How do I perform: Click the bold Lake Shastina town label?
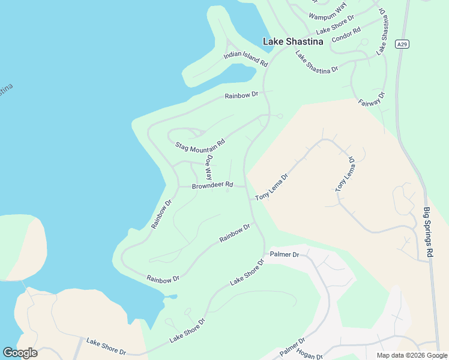click(x=293, y=41)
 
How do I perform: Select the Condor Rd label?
click(x=346, y=37)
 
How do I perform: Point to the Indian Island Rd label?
click(x=245, y=58)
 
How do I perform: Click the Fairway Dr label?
click(x=370, y=99)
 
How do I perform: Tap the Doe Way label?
click(x=209, y=168)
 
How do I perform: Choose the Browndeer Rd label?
click(x=212, y=185)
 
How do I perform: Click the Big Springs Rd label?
click(x=428, y=233)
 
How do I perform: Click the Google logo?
click(x=20, y=353)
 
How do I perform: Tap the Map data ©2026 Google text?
click(x=412, y=355)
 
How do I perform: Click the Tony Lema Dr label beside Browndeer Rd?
click(x=272, y=187)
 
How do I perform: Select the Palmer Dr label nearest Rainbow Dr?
click(x=284, y=254)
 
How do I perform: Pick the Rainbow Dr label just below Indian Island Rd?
click(x=241, y=95)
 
